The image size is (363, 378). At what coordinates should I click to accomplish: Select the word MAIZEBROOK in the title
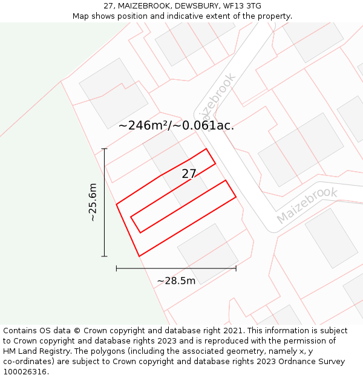click(142, 6)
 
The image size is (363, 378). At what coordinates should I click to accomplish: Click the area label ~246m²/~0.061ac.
click(176, 126)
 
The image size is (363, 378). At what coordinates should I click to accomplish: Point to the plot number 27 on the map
click(189, 174)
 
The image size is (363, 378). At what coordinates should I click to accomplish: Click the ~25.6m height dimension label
click(93, 202)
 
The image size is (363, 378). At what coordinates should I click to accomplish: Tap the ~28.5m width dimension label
click(176, 281)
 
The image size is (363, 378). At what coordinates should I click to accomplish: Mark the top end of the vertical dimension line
click(105, 149)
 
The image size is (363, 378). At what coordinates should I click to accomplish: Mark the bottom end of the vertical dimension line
click(105, 256)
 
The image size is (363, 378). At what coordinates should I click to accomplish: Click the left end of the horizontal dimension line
click(117, 268)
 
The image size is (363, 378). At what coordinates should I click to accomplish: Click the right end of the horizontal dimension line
click(236, 268)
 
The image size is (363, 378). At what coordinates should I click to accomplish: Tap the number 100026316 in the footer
click(25, 372)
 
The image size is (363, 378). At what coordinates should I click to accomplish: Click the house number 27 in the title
click(108, 6)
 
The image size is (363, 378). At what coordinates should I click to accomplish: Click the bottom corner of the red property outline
click(139, 256)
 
